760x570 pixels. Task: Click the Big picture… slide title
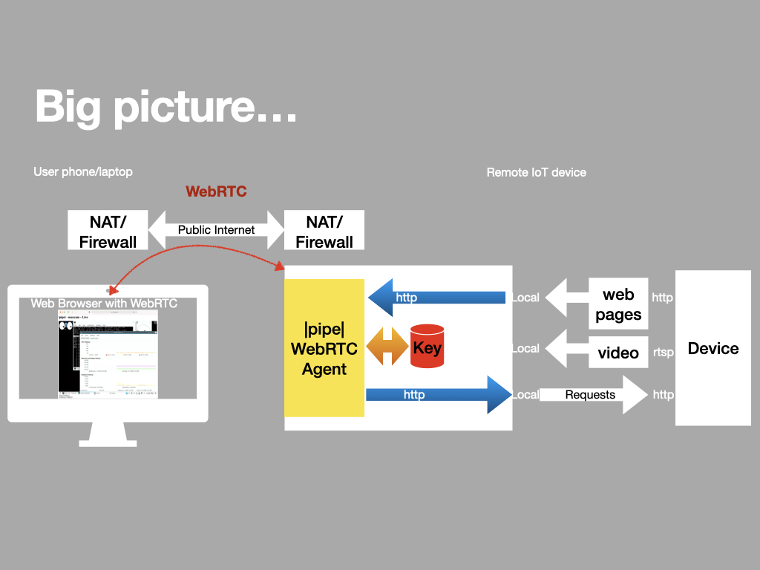click(166, 106)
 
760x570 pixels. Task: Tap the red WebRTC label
click(216, 191)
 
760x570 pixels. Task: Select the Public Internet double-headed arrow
click(216, 230)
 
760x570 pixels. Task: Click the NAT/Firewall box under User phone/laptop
click(108, 231)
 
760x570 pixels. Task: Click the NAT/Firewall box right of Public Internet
click(324, 231)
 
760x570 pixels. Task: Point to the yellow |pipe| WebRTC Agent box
click(324, 347)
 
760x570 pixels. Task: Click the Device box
click(712, 348)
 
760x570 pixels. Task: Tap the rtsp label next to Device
click(663, 353)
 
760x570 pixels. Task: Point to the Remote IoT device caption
click(536, 172)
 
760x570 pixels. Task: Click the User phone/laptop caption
click(83, 171)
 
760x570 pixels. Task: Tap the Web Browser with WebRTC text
click(104, 304)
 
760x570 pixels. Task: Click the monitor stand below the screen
click(108, 434)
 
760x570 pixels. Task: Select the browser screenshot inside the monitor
click(108, 355)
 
